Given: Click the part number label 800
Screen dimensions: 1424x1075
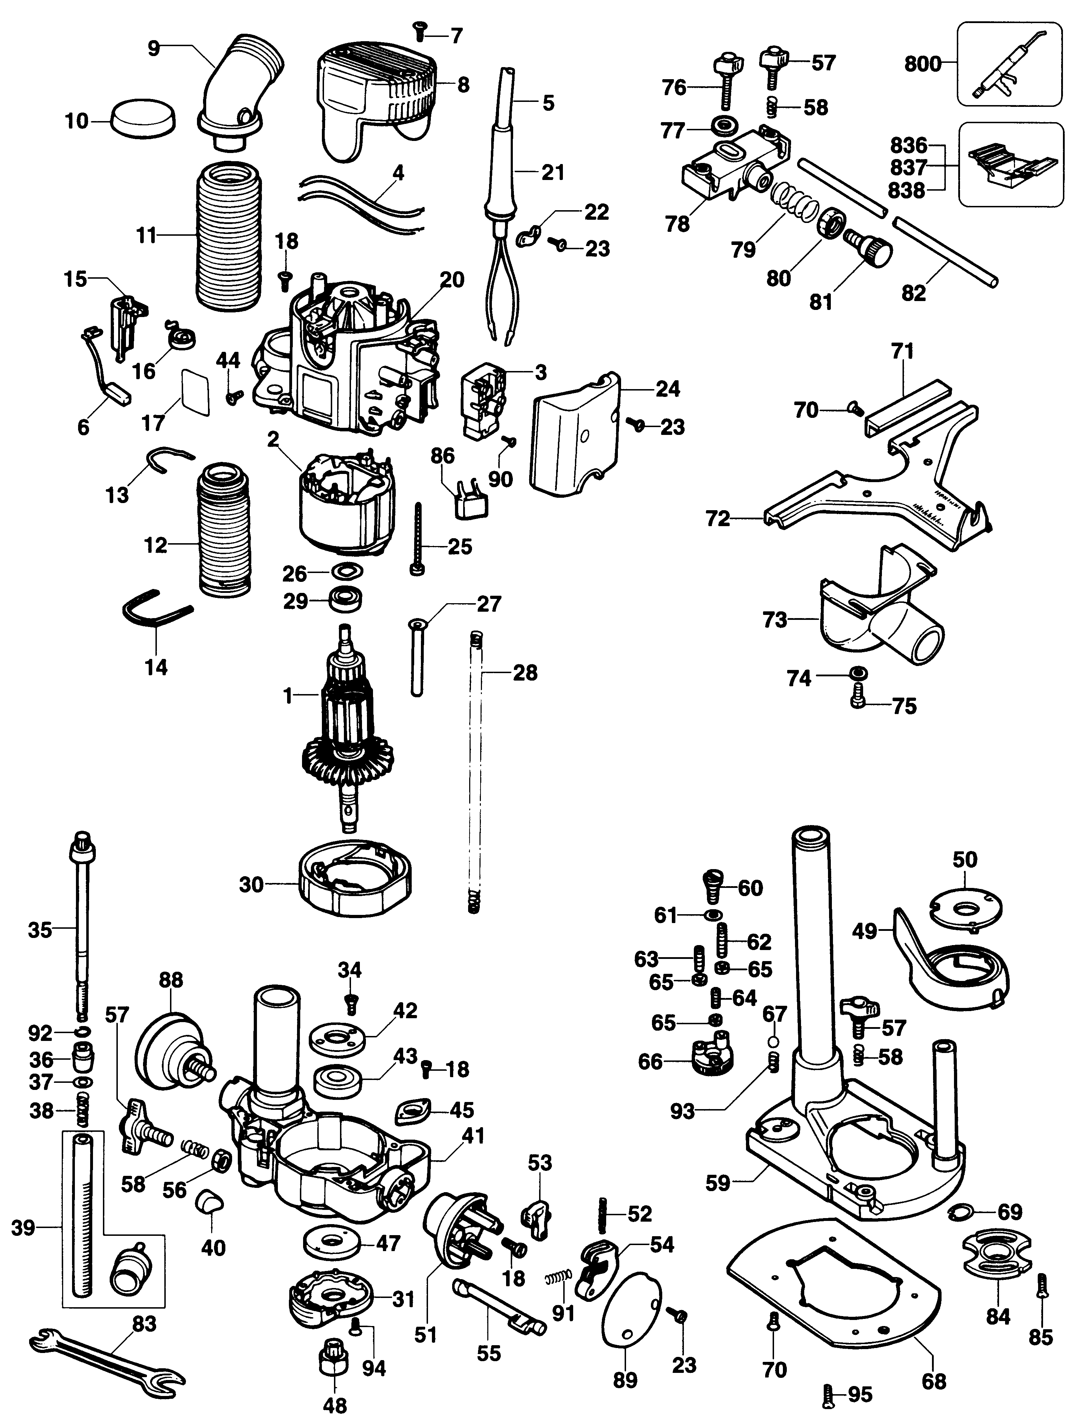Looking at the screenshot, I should pos(922,64).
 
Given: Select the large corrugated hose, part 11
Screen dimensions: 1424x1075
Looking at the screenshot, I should pos(229,235).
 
